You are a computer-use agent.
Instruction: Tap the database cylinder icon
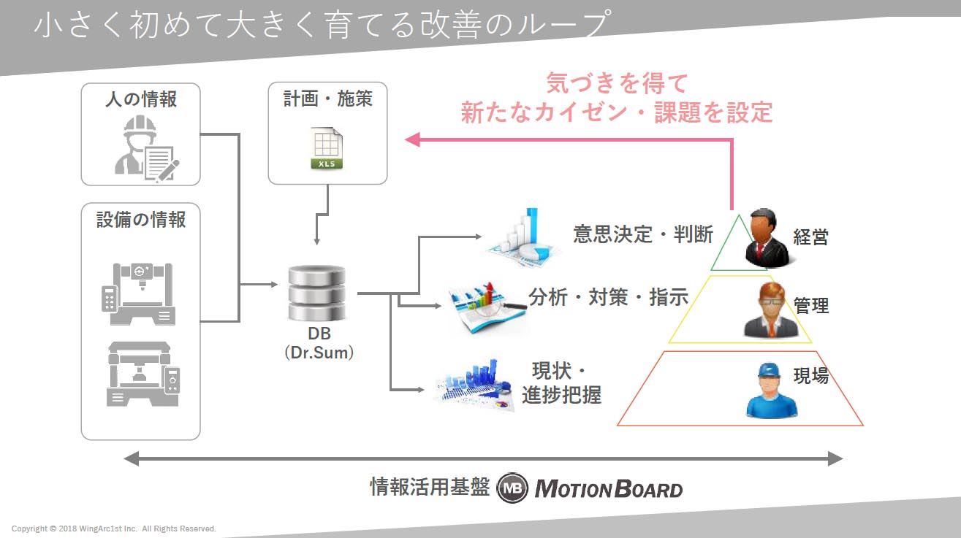317,293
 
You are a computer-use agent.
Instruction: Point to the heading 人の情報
141,99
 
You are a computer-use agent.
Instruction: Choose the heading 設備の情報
141,220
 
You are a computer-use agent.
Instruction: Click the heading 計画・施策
328,99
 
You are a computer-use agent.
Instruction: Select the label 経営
811,237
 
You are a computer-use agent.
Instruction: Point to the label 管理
811,305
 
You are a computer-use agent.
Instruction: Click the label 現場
811,376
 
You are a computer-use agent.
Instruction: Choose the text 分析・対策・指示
609,297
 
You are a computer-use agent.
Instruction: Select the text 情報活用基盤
430,487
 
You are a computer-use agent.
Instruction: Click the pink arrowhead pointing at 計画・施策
413,139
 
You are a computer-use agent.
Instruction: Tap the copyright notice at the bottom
114,529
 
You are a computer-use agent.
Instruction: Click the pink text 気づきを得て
617,84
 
